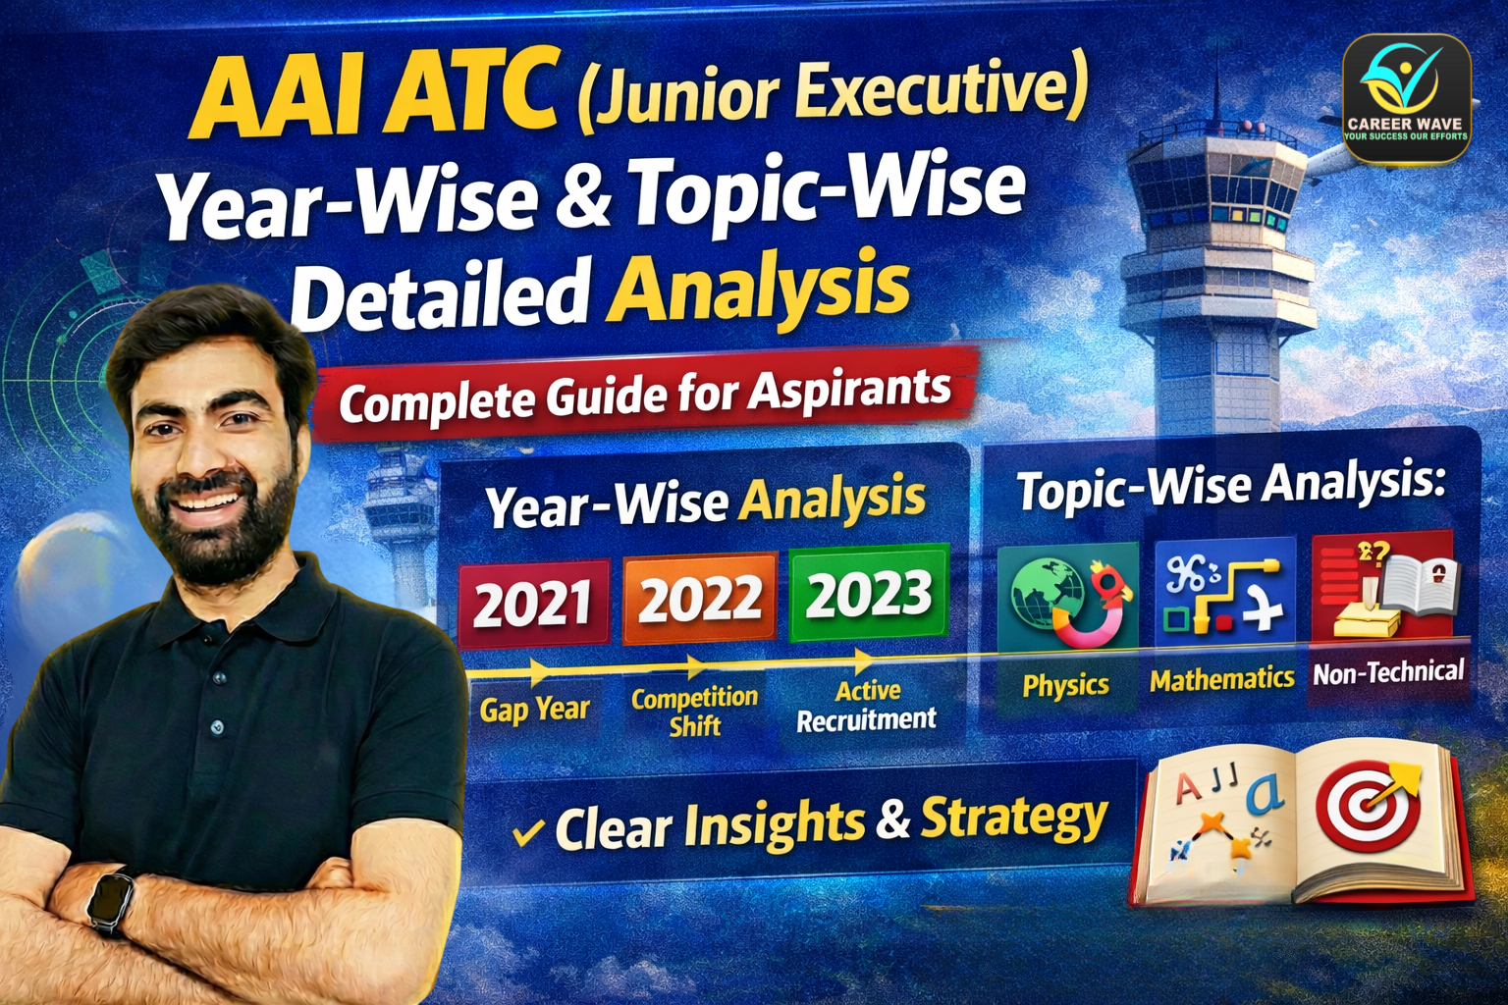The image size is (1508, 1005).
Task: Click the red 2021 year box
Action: (x=533, y=603)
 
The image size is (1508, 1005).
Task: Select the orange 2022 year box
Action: (x=699, y=598)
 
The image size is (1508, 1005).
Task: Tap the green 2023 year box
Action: (x=869, y=593)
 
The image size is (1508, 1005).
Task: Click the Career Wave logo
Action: (x=1405, y=97)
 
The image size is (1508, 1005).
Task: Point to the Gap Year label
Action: (x=534, y=709)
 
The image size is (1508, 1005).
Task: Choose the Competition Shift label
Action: (x=694, y=712)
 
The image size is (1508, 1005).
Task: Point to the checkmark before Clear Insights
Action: (x=528, y=832)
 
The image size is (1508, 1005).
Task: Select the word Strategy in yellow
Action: (x=1013, y=818)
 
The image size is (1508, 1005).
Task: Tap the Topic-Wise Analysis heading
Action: (x=1231, y=486)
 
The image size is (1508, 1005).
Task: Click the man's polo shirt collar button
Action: (x=217, y=727)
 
